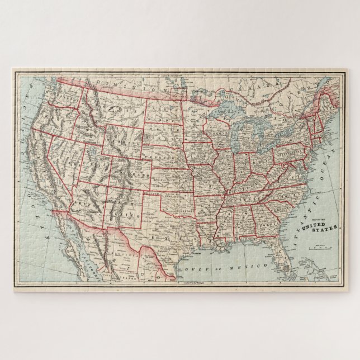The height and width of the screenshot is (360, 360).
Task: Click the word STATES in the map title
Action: (327, 229)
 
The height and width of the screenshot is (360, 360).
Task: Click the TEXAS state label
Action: (168, 231)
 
